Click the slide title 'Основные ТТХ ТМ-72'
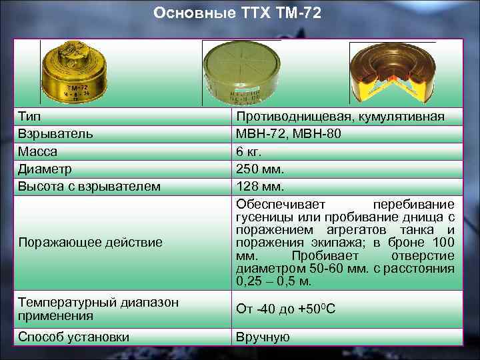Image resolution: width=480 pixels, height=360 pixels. (237, 13)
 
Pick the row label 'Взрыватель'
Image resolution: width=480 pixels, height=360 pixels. (55, 135)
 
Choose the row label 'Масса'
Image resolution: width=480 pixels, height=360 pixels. (37, 152)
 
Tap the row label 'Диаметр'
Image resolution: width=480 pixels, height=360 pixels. (45, 169)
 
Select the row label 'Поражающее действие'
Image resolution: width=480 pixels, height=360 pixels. (90, 242)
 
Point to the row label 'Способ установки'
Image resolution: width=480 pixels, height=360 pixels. (74, 337)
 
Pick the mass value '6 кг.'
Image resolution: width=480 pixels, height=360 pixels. (251, 152)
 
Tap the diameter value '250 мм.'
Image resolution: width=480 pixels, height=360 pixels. (260, 169)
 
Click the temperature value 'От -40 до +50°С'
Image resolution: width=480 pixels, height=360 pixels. (287, 308)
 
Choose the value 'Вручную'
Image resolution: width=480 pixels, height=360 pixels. (263, 337)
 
